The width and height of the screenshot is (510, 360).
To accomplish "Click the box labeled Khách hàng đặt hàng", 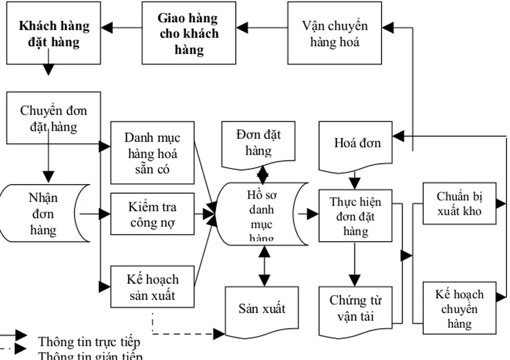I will point(53,33).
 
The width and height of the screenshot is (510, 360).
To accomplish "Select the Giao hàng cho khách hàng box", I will point(189,33).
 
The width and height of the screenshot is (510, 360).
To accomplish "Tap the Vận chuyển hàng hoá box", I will point(334,33).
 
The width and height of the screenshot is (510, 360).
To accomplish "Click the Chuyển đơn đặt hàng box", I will point(53,118).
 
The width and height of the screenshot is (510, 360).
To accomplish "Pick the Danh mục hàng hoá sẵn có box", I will point(152,153).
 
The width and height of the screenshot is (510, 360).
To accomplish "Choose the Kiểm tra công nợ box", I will point(152,214).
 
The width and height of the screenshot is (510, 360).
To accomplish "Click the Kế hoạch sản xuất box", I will point(152,286).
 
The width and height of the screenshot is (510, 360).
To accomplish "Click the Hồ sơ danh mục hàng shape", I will point(261,214).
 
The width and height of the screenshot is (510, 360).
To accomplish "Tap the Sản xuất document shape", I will point(261,310).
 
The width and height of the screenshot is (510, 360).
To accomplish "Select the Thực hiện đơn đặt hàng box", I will point(355,216).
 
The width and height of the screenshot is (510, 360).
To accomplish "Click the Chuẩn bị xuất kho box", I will point(459,203).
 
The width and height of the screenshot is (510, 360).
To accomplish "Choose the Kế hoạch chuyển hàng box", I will point(459,308).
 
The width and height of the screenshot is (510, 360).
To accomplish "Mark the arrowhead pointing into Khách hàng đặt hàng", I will point(108,28).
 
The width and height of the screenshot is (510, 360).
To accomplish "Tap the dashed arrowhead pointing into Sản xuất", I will point(219,334).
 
